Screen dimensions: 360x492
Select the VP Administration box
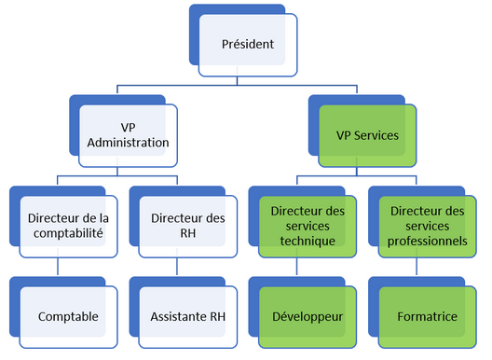pyautogui.click(x=132, y=135)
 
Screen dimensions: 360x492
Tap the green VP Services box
pyautogui.click(x=366, y=135)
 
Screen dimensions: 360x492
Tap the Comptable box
pyautogui.click(x=68, y=316)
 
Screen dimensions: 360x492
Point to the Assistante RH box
pyautogui.click(x=188, y=316)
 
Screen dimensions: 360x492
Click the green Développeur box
pyautogui.click(x=307, y=316)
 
